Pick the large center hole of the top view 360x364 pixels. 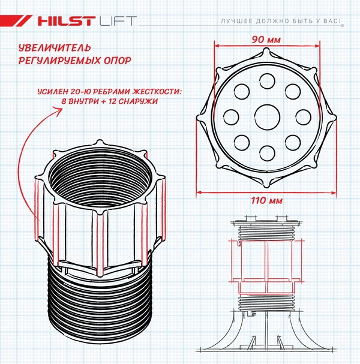coord(266,116)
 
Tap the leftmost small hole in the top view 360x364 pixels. coord(231,116)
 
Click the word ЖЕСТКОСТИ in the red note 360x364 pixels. coord(148,91)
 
